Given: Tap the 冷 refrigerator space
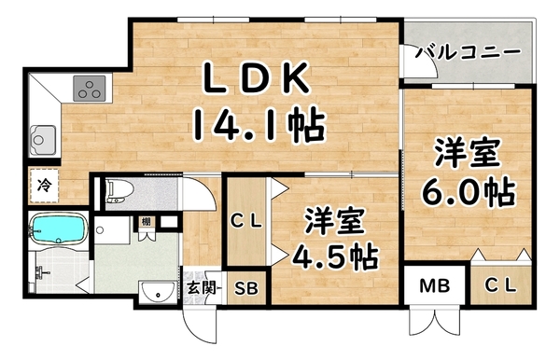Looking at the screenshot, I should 44,185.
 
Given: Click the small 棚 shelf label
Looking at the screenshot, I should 147,224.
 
